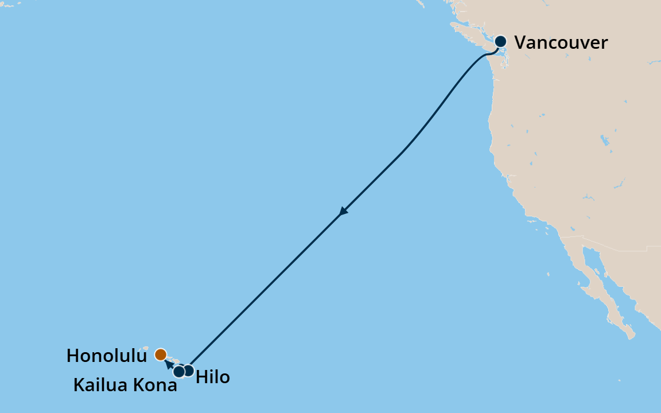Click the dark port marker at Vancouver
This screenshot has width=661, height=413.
point(500,41)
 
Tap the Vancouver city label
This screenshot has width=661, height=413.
point(561,42)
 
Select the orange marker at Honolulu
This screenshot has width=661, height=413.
point(161,354)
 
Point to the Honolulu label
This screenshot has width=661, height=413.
point(107,356)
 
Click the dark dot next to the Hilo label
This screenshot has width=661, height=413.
point(188,370)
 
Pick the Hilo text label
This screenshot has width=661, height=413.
point(213,377)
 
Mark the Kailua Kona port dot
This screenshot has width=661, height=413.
point(179,372)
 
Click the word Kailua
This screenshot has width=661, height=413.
point(101,385)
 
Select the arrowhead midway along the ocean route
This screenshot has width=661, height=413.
point(343,211)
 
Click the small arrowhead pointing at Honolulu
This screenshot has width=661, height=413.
point(168,363)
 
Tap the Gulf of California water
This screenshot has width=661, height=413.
point(608,287)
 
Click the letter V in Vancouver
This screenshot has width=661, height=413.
point(520,42)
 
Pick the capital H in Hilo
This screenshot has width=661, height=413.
point(201,377)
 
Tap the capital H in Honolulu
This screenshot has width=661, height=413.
point(72,356)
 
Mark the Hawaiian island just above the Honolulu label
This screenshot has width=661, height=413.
point(146,348)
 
